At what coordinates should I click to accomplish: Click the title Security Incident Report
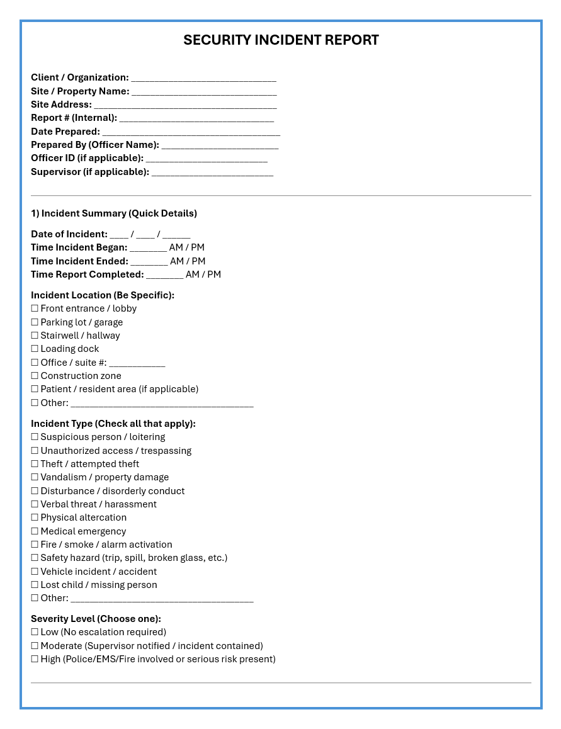[x=281, y=40]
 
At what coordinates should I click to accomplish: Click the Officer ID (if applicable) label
[x=87, y=158]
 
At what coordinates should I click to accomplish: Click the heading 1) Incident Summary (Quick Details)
[x=114, y=213]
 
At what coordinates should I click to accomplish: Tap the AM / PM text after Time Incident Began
[x=187, y=247]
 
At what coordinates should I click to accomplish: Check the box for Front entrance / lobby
[x=35, y=308]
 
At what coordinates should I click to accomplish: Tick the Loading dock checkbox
[x=35, y=349]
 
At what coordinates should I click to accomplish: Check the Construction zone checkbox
[x=35, y=376]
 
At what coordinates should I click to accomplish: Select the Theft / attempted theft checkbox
[x=35, y=464]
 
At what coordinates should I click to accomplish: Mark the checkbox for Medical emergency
[x=35, y=531]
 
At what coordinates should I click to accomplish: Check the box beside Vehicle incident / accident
[x=35, y=572]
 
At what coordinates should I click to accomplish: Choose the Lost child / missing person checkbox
[x=35, y=585]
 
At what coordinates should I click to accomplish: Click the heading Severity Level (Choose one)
[x=96, y=619]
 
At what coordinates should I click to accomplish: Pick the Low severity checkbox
[x=35, y=632]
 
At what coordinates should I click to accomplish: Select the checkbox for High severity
[x=35, y=659]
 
